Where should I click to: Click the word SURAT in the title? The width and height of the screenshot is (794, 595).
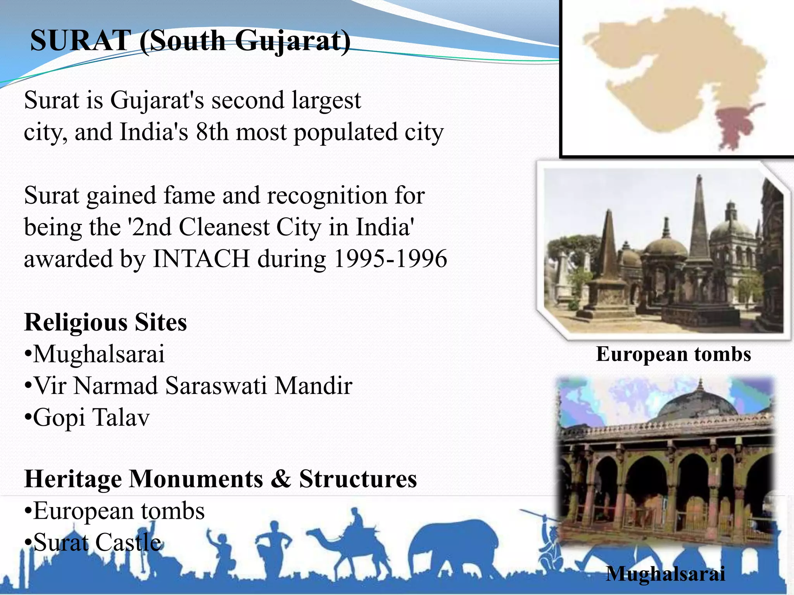(x=81, y=41)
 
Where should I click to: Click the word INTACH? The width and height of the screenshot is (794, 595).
(x=201, y=259)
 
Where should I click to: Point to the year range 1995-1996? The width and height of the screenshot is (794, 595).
(x=390, y=259)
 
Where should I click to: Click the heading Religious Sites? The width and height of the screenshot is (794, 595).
(x=105, y=322)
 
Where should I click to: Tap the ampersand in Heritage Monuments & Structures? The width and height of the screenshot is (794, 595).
(x=281, y=479)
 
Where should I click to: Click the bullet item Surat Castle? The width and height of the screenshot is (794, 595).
(x=93, y=542)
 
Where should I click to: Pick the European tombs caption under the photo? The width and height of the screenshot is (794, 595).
(x=673, y=354)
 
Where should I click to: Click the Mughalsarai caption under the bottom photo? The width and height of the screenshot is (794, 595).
(x=665, y=574)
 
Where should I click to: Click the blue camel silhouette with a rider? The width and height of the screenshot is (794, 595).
(x=353, y=542)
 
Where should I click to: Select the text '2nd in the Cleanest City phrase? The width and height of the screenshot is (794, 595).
(x=151, y=227)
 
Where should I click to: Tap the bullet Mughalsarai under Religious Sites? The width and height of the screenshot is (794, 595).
(x=95, y=354)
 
